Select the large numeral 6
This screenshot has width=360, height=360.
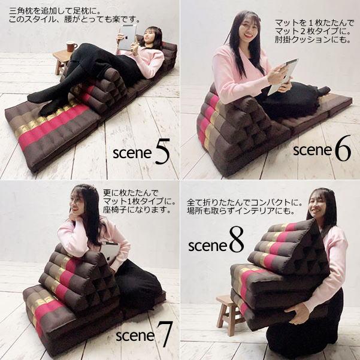pyautogui.click(x=343, y=150)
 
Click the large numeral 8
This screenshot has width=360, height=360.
pyautogui.click(x=236, y=243)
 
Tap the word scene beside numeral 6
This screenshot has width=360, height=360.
pyautogui.click(x=312, y=150)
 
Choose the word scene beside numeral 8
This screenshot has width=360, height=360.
pyautogui.click(x=207, y=246)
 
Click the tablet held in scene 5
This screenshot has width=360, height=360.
pyautogui.click(x=127, y=38)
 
